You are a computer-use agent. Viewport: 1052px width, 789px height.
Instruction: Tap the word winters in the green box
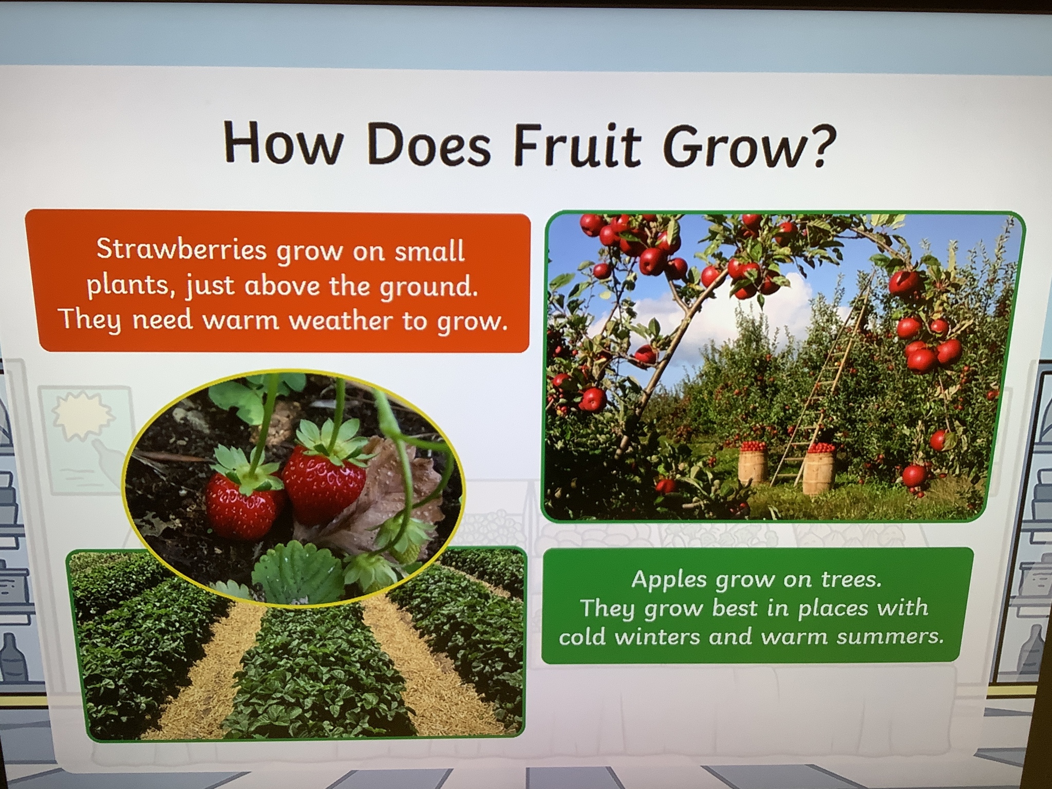click(658, 637)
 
